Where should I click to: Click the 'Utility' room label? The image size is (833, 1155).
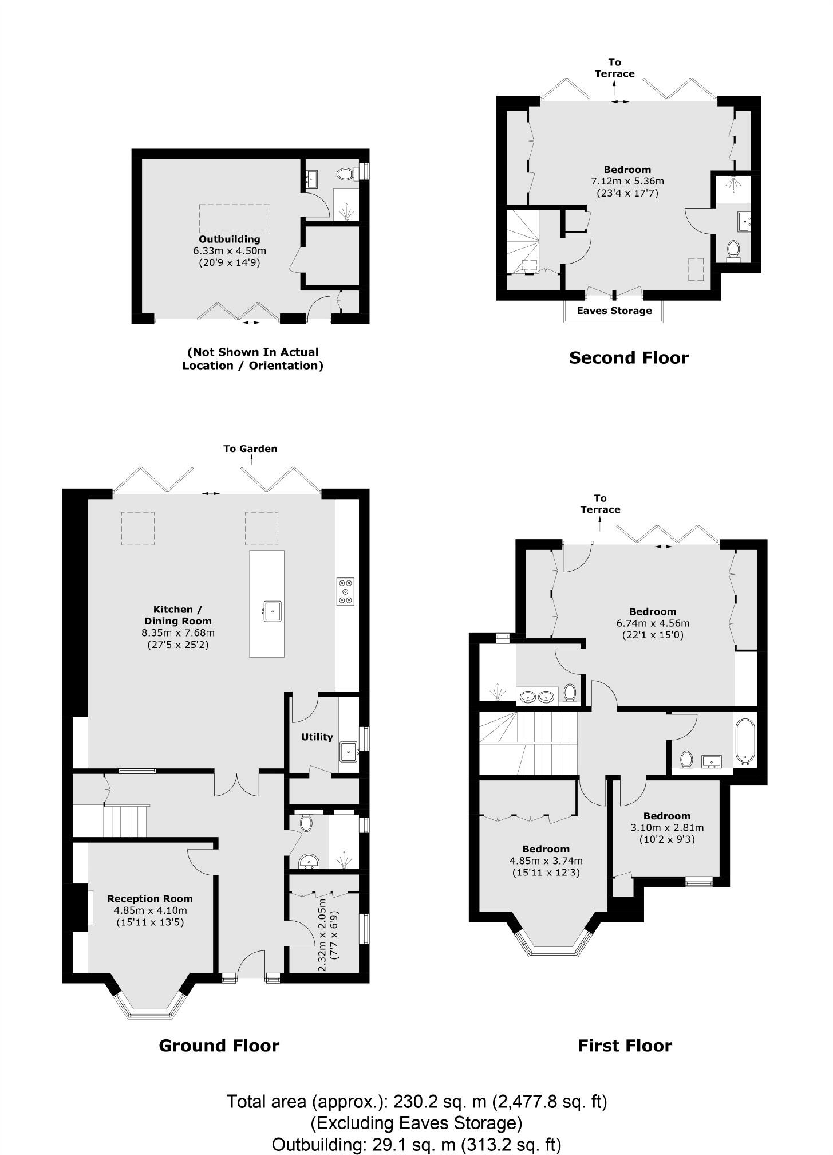tap(317, 737)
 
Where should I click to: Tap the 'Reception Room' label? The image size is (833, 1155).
tap(150, 899)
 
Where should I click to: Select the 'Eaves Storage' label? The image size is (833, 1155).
tap(614, 311)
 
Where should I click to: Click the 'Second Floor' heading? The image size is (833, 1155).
tap(629, 357)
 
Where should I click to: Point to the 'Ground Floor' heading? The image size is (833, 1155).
tap(219, 1046)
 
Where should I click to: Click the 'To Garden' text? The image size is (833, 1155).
tap(250, 449)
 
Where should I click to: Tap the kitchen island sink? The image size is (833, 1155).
tap(273, 611)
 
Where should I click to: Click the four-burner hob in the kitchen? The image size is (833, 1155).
tap(346, 591)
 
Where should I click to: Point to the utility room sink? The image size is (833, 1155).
tap(349, 751)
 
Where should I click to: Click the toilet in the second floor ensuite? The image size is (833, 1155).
tap(733, 250)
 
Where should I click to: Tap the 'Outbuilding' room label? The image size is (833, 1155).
tap(230, 239)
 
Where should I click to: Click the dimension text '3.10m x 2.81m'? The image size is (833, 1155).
tap(667, 827)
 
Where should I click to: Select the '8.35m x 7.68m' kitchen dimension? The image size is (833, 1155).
tap(178, 632)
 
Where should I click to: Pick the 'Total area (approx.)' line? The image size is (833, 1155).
tap(417, 1101)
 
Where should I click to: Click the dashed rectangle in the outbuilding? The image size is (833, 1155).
tap(235, 218)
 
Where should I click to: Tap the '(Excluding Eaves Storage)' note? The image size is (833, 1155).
tap(417, 1122)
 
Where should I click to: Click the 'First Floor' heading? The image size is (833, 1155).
tap(625, 1046)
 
